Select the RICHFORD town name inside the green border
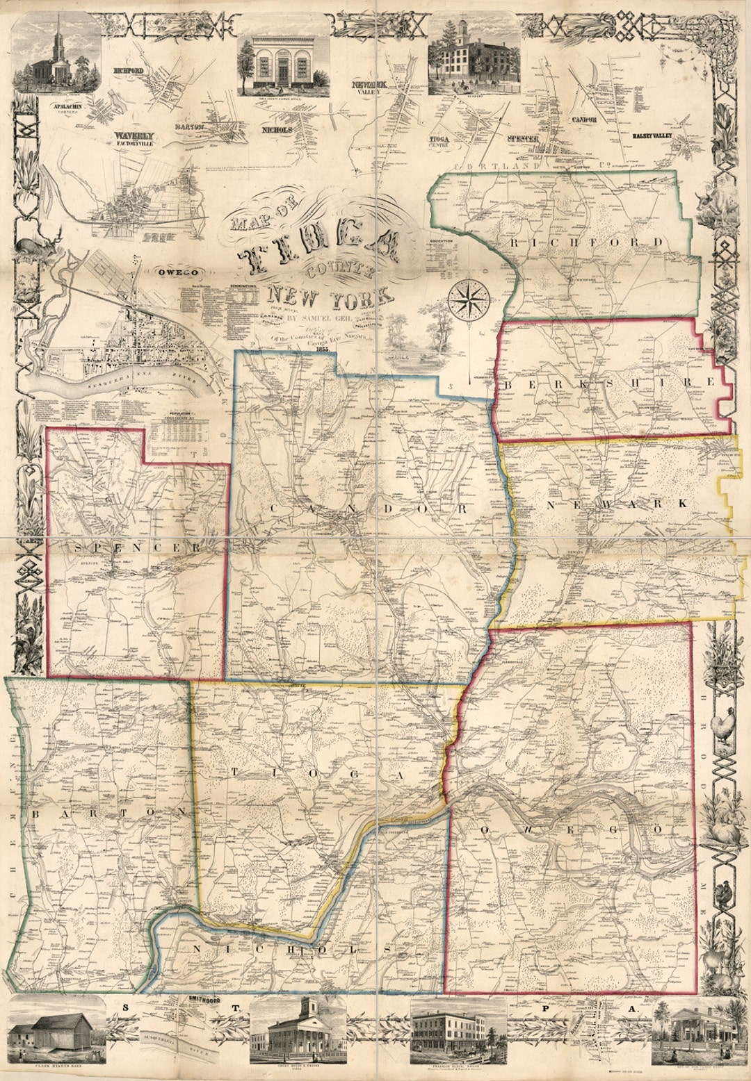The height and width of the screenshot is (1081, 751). coord(588,242)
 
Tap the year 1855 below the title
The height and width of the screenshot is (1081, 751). coord(321,350)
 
